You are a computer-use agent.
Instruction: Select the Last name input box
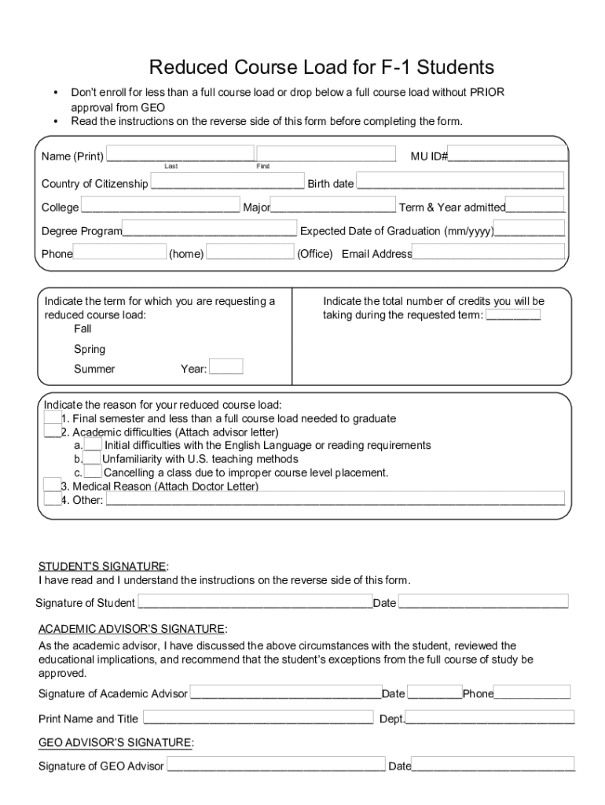pyautogui.click(x=180, y=154)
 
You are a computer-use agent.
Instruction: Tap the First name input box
pyautogui.click(x=326, y=154)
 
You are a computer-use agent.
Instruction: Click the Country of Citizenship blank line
pyautogui.click(x=227, y=183)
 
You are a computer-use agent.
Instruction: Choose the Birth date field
pyautogui.click(x=460, y=183)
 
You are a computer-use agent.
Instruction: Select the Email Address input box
pyautogui.click(x=489, y=252)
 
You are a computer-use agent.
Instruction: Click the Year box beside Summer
pyautogui.click(x=226, y=367)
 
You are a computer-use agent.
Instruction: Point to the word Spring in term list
pyautogui.click(x=90, y=349)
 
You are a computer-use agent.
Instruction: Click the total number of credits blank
pyautogui.click(x=513, y=315)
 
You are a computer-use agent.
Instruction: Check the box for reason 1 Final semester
pyautogui.click(x=52, y=417)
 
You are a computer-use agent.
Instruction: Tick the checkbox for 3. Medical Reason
pyautogui.click(x=52, y=485)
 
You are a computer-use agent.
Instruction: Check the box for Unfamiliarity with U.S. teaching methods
pyautogui.click(x=92, y=458)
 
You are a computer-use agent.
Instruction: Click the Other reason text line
pyautogui.click(x=335, y=499)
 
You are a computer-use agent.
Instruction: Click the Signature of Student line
pyautogui.click(x=255, y=603)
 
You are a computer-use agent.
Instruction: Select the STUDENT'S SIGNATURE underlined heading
pyautogui.click(x=102, y=566)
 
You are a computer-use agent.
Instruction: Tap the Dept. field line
pyautogui.click(x=490, y=719)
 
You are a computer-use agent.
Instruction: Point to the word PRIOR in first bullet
pyautogui.click(x=487, y=93)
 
